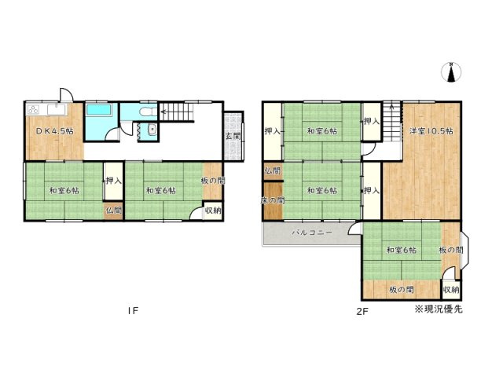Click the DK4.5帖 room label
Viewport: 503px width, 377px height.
[x=53, y=130]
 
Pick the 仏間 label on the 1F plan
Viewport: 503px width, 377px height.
[x=113, y=210]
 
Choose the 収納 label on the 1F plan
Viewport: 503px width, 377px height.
[x=212, y=210]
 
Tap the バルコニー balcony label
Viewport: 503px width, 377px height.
[x=312, y=233]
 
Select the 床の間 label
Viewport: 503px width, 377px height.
[x=272, y=201]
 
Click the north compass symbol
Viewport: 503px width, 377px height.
[x=451, y=72]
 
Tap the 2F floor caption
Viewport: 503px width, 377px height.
[x=361, y=311]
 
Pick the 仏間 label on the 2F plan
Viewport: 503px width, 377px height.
[x=272, y=170]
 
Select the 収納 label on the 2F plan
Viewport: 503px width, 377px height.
[x=450, y=290]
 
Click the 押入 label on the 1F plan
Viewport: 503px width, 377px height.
[x=113, y=181]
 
